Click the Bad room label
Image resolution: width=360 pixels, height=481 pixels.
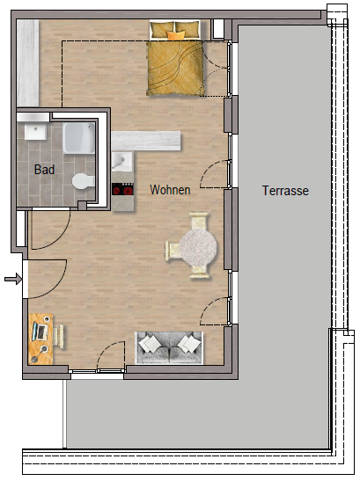coord(45,170)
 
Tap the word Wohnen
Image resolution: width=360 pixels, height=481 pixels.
coord(170,190)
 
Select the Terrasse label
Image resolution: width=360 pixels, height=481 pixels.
coord(285,191)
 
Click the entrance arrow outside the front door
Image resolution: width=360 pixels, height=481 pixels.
coord(13,279)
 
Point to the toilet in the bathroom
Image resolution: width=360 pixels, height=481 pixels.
coord(84,181)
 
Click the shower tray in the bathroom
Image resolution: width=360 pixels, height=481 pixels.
coord(79,138)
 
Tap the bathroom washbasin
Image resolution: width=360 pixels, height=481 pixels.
coord(35,131)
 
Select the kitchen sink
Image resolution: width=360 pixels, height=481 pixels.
coord(122,161)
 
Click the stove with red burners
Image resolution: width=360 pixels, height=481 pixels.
coord(122,189)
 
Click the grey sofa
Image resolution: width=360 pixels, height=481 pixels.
coord(169,348)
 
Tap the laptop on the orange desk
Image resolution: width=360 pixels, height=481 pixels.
coord(40,332)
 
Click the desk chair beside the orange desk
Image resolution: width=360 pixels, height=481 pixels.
coord(59,337)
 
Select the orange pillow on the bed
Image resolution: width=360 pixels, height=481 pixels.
coord(177,35)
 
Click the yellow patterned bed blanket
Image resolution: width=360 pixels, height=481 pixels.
coord(175,68)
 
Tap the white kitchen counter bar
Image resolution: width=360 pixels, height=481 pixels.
coord(146,141)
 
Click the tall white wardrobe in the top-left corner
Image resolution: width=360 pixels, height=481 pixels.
coord(28,63)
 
